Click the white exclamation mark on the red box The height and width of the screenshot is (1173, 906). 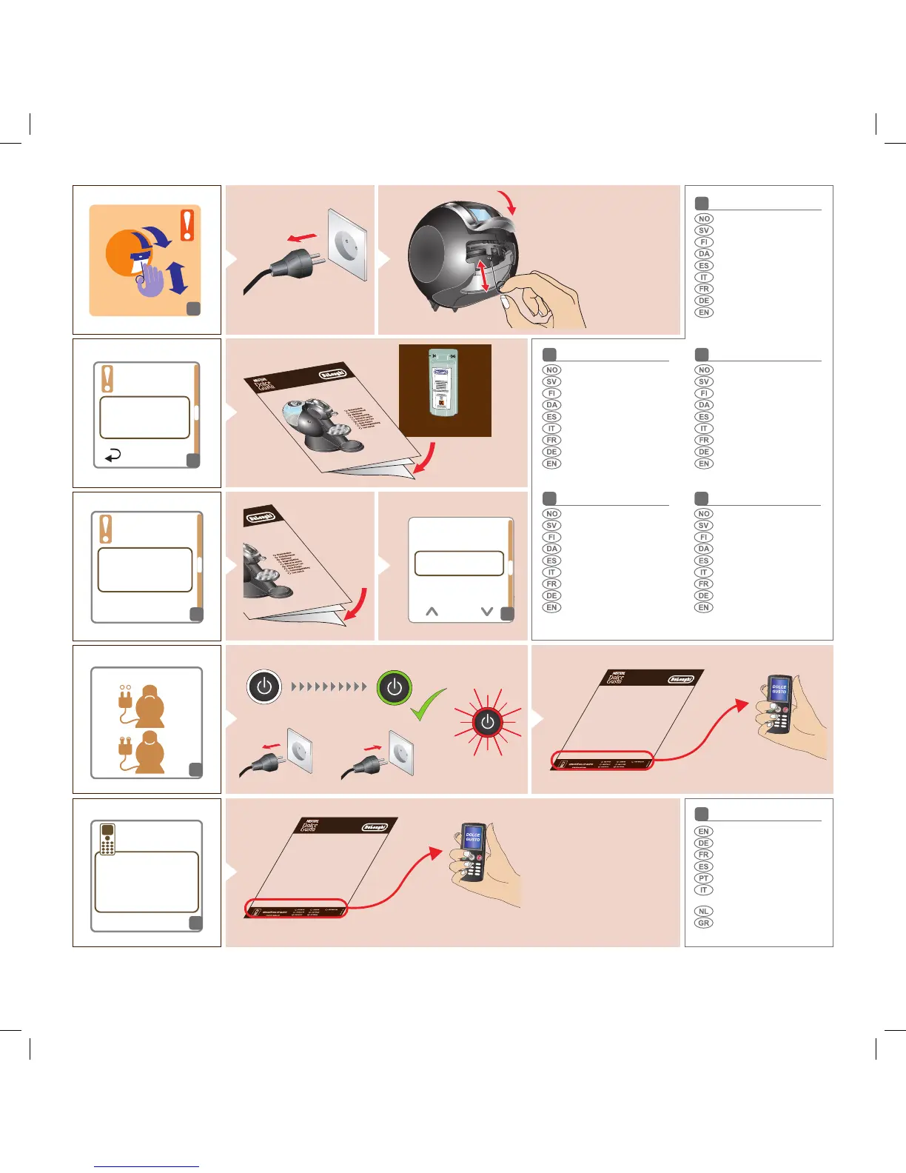[x=188, y=224]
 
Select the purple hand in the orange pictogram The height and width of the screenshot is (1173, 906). [x=151, y=281]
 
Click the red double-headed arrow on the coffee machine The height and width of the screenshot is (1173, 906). [x=485, y=274]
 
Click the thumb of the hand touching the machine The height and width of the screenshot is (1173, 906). [x=506, y=300]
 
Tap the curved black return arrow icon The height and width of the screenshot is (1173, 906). [x=113, y=456]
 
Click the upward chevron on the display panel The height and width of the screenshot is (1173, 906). [x=432, y=612]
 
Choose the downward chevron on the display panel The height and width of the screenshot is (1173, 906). [x=486, y=612]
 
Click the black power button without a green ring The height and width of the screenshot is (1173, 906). [x=264, y=686]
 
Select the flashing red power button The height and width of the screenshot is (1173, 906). [x=487, y=723]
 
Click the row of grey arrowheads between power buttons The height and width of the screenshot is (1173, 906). [x=329, y=686]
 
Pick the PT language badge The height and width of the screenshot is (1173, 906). [x=703, y=878]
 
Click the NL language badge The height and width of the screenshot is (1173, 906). [x=703, y=912]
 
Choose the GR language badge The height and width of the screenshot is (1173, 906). [x=703, y=923]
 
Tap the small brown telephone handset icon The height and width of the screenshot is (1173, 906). [x=107, y=839]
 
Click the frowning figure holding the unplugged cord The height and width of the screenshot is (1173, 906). [x=150, y=706]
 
